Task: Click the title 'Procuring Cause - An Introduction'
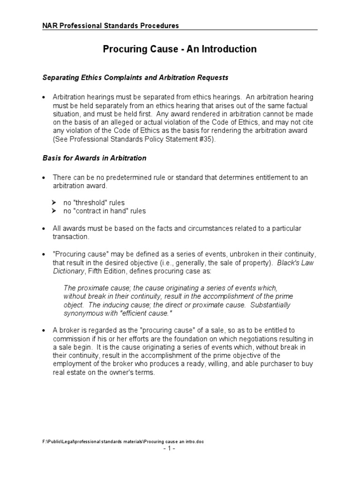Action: click(x=180, y=49)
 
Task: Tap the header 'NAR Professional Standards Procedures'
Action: click(x=111, y=26)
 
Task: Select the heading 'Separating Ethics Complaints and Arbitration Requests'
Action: click(x=135, y=77)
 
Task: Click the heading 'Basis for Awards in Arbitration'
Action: click(x=94, y=158)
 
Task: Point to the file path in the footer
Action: click(x=123, y=442)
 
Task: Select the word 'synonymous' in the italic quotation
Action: click(x=82, y=314)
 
